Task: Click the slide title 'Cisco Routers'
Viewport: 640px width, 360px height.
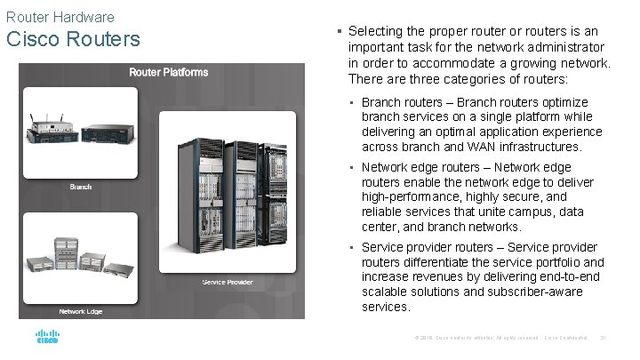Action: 73,40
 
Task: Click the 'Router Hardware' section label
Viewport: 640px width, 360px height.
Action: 59,16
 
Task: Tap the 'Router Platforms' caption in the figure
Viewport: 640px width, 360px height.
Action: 169,72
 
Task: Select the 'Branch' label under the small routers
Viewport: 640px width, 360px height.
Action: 81,187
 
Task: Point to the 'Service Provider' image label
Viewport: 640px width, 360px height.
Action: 228,283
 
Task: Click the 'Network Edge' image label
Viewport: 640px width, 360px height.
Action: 81,311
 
